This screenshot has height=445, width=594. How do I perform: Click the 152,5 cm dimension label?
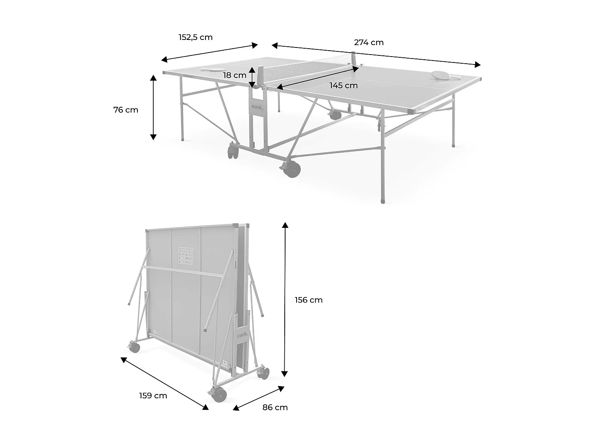click(196, 37)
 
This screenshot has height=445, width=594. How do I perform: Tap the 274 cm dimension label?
click(369, 42)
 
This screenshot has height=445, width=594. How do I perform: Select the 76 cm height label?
click(126, 110)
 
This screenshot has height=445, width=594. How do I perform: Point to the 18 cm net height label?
click(234, 75)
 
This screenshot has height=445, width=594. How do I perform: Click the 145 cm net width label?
click(343, 85)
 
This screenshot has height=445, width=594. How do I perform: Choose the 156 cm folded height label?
click(308, 300)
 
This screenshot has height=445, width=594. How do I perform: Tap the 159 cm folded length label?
click(153, 396)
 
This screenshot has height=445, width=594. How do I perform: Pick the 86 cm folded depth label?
click(275, 407)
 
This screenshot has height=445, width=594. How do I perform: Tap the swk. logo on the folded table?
click(242, 335)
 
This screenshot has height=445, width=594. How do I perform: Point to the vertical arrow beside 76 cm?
click(153, 107)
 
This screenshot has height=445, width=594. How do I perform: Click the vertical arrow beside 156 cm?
click(285, 299)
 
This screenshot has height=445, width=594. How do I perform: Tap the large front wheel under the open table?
click(292, 168)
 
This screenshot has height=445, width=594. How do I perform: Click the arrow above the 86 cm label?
click(259, 398)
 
